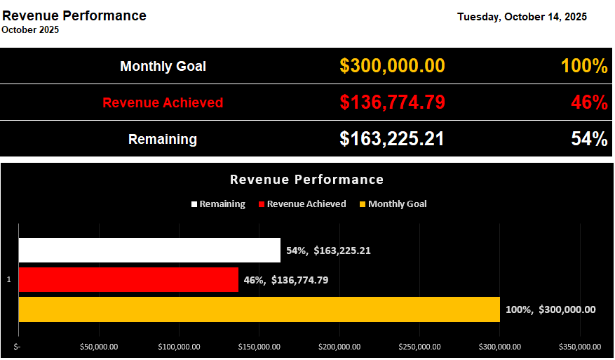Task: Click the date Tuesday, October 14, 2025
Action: (522, 17)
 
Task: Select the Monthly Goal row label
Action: (163, 67)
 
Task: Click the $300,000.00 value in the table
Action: (392, 66)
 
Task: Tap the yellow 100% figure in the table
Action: (583, 67)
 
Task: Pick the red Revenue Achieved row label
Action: (163, 103)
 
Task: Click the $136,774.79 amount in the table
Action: (392, 102)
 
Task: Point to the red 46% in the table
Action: (588, 103)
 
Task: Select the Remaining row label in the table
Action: (163, 140)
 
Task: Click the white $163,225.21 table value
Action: (392, 139)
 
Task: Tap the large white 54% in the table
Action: (588, 140)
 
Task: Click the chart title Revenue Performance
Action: (306, 180)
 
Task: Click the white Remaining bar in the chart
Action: (149, 251)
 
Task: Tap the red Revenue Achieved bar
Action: (128, 280)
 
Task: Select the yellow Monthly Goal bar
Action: (258, 309)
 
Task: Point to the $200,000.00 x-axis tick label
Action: (339, 347)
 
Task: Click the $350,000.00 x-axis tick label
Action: (579, 347)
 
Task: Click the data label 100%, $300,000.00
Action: (550, 309)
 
